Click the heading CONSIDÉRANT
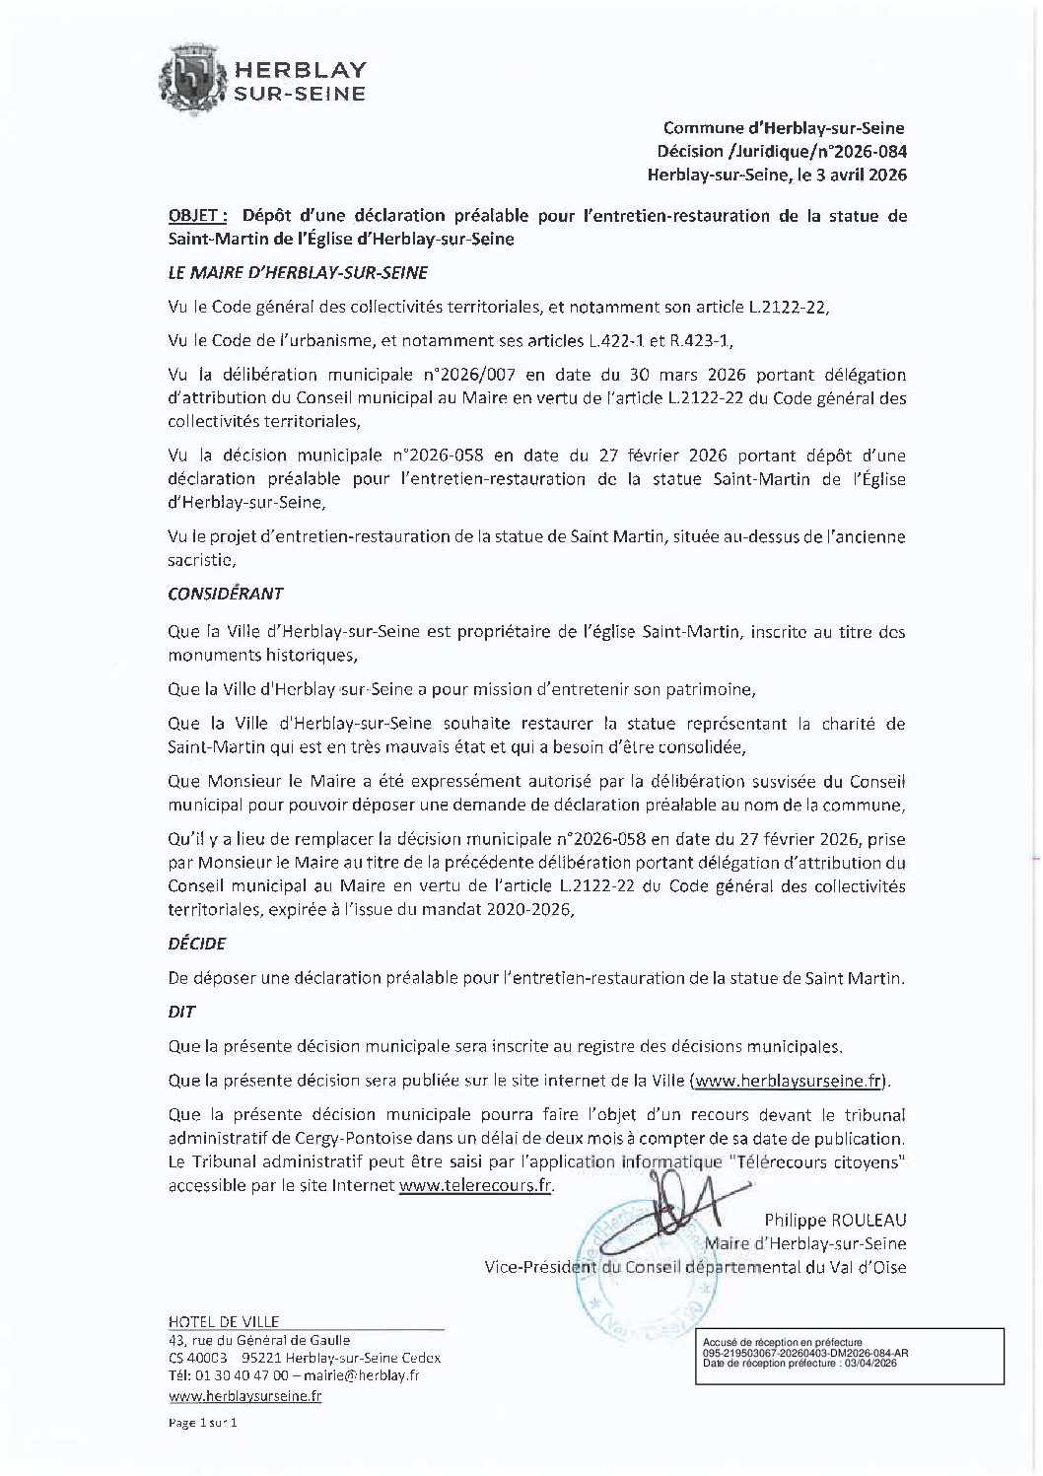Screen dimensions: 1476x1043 coord(226,594)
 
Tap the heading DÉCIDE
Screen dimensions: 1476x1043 coord(197,943)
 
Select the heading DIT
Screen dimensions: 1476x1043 coord(182,1012)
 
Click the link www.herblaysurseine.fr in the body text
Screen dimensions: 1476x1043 coord(788,1081)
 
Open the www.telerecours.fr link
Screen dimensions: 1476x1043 coord(475,1186)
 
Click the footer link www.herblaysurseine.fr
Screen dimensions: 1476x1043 coord(244,1396)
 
